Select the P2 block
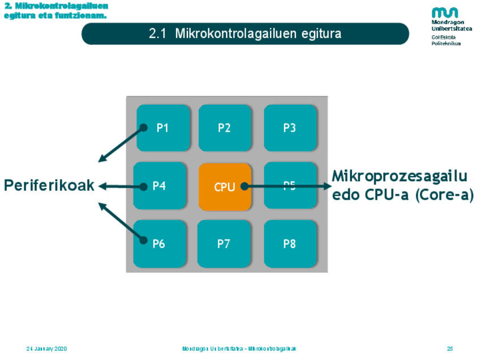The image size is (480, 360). coord(224,128)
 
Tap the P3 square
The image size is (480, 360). coord(290,128)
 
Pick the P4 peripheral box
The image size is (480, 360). coord(160,186)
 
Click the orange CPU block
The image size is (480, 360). coord(224,187)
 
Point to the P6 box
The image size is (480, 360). coord(160,244)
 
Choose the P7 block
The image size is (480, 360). coord(224,244)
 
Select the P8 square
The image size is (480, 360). coord(290,244)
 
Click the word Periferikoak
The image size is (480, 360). coord(49,185)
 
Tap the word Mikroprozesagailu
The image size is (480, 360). coord(400,176)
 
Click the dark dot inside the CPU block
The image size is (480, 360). coord(243,186)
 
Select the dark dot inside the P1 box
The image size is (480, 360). coord(144,127)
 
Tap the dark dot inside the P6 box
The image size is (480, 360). coord(144,240)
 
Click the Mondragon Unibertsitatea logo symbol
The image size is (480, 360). coord(445,12)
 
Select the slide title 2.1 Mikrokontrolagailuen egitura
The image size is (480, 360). coord(245,33)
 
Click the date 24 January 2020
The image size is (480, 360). coord(46,349)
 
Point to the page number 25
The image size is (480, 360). coord(450,349)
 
